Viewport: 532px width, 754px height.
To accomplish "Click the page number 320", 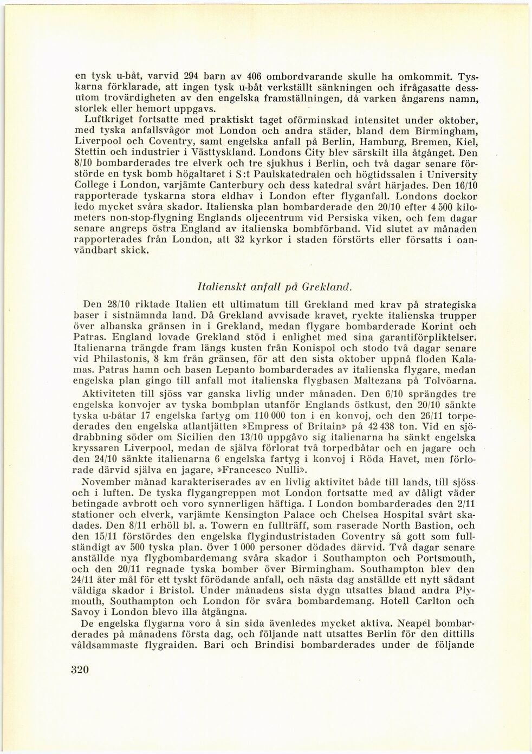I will pos(79,669).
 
